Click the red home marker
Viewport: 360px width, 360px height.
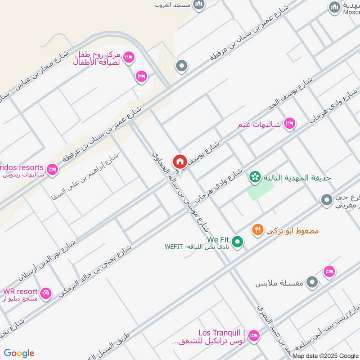pyautogui.click(x=180, y=161)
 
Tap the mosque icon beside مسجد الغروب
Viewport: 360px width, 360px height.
pyautogui.click(x=198, y=5)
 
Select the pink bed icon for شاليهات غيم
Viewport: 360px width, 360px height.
pyautogui.click(x=289, y=123)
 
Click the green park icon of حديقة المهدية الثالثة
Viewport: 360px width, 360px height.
pyautogui.click(x=255, y=177)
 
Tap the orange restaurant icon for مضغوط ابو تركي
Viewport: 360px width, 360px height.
pyautogui.click(x=257, y=230)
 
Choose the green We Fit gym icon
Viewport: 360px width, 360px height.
pyautogui.click(x=238, y=243)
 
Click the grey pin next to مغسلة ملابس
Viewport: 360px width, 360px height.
pyautogui.click(x=312, y=283)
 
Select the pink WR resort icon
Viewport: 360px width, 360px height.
pyautogui.click(x=45, y=294)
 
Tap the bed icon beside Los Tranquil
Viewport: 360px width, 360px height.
pyautogui.click(x=254, y=336)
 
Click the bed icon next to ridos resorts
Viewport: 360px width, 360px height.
pyautogui.click(x=52, y=170)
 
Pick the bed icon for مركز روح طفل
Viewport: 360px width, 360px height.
pyautogui.click(x=128, y=57)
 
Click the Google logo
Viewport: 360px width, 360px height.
pyautogui.click(x=19, y=353)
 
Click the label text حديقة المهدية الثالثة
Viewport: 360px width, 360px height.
pyautogui.click(x=297, y=178)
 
